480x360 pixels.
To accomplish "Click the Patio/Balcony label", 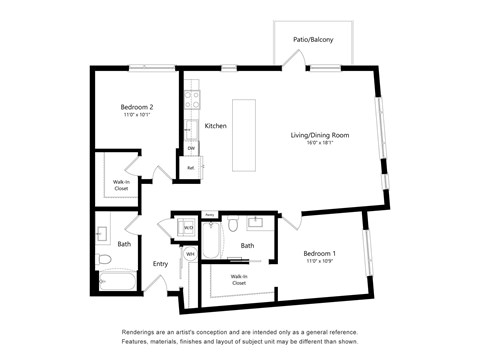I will coord(313,40).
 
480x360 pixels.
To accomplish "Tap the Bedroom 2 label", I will coord(137,107).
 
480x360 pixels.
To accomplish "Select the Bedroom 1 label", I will coord(320,254).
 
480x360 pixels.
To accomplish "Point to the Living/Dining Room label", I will coord(319,134).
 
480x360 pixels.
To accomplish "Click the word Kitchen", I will coord(215,126).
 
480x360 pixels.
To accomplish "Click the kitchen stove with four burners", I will coord(190,101).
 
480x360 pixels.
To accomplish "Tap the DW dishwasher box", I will coord(190,148).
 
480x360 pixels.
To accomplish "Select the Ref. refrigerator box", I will coord(191,168).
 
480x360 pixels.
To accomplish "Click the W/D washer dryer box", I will coord(187,228).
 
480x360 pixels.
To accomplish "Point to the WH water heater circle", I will coord(190,254).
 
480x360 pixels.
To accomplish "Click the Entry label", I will coord(160,264).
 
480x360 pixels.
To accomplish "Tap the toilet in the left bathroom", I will coord(104,262).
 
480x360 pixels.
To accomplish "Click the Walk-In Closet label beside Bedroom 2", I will coord(120,184).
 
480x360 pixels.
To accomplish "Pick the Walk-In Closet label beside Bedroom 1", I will coord(239,280).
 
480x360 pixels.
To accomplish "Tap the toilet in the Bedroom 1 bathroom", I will coord(232,225).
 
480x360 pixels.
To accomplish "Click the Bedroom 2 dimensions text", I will coord(137,115).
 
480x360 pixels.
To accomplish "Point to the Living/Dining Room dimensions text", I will coord(319,142).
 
